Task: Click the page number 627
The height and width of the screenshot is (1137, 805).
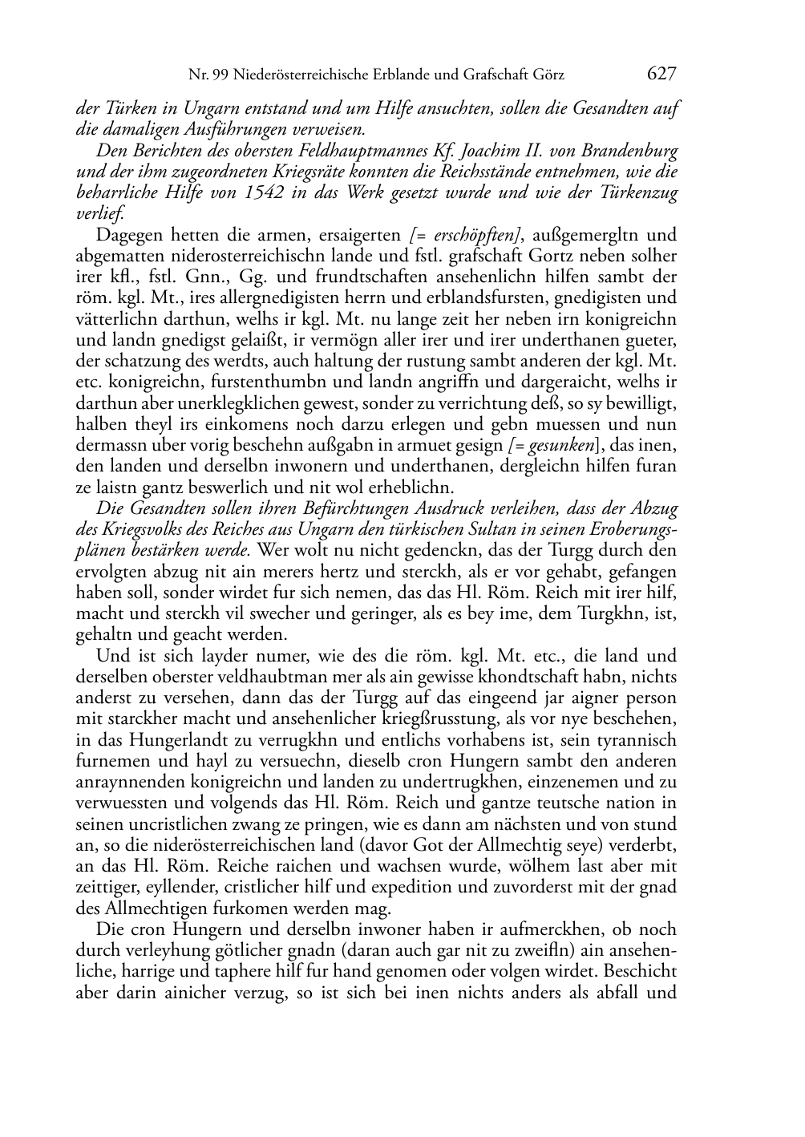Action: point(661,74)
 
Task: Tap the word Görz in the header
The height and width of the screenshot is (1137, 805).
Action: point(547,75)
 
